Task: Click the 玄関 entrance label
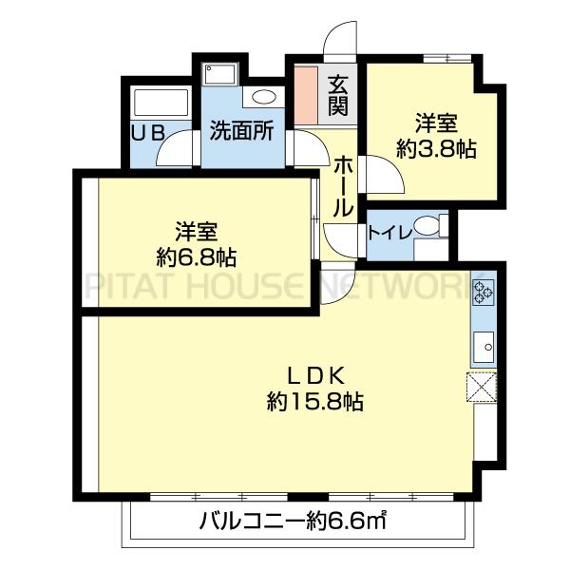tap(337, 95)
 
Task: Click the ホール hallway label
tap(343, 185)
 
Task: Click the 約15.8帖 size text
tap(314, 402)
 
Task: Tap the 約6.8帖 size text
tap(198, 256)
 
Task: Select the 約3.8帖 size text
tap(436, 148)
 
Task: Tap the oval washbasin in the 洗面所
tap(261, 98)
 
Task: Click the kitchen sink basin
tap(482, 348)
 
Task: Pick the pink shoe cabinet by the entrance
tap(306, 93)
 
